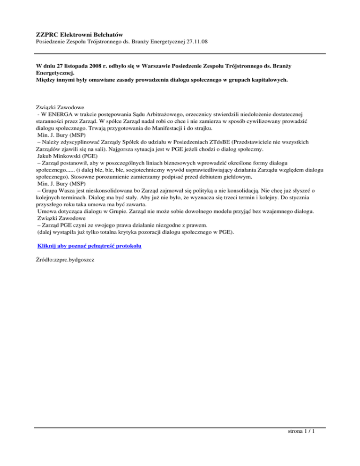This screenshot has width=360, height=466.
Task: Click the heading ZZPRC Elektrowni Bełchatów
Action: [79, 34]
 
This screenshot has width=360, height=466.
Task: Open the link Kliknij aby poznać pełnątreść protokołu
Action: [90, 246]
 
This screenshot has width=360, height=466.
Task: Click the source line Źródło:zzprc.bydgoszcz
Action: [65, 259]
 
